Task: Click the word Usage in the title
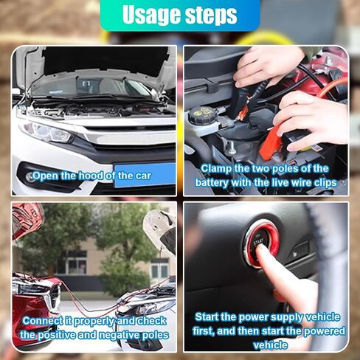tap(151, 14)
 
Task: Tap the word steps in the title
tap(211, 15)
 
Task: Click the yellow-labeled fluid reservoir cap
tap(201, 115)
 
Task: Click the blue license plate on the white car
tap(145, 174)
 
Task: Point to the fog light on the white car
tap(31, 177)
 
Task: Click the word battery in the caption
tap(212, 183)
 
